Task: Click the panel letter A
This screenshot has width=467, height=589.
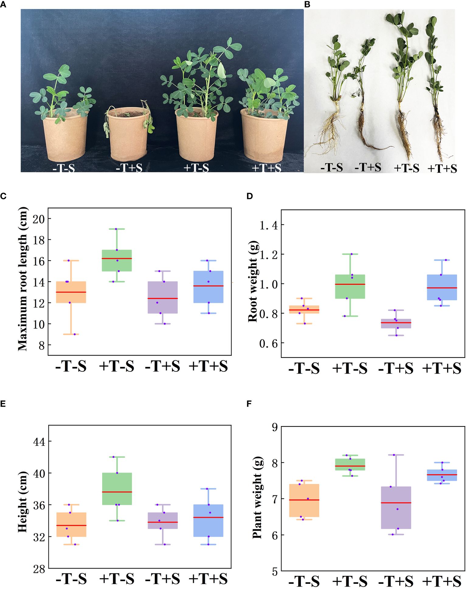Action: [x=3, y=5]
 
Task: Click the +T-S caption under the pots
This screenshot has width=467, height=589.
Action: [x=196, y=168]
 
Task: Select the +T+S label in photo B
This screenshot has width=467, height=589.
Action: [x=442, y=168]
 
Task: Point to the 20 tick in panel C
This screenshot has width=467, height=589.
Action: [x=38, y=219]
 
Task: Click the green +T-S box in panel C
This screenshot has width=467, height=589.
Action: [x=117, y=260]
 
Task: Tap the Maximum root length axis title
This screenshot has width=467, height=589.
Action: [x=23, y=279]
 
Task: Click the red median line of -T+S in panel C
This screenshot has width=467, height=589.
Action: [x=163, y=298]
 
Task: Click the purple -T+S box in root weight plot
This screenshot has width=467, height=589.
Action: [x=396, y=324]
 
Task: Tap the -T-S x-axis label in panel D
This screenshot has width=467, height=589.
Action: [x=304, y=369]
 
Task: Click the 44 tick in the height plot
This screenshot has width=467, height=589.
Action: [x=39, y=442]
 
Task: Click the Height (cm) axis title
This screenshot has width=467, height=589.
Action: [x=22, y=502]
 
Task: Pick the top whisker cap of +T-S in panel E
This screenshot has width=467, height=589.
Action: [x=117, y=457]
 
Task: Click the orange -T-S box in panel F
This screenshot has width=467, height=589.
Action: [x=304, y=500]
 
